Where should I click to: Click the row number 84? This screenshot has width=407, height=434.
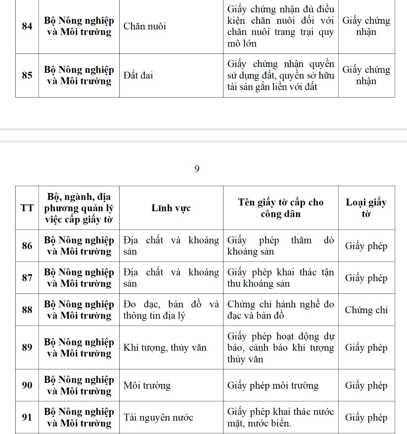pyautogui.click(x=27, y=26)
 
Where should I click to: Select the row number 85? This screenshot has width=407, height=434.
pyautogui.click(x=27, y=75)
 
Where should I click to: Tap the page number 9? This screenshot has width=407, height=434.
pyautogui.click(x=197, y=169)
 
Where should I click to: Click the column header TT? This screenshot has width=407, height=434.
pyautogui.click(x=27, y=208)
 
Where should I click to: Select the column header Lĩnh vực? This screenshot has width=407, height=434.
pyautogui.click(x=171, y=208)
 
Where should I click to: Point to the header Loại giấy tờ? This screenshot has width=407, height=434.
pyautogui.click(x=366, y=208)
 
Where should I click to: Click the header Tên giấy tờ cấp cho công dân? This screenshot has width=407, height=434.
pyautogui.click(x=280, y=208)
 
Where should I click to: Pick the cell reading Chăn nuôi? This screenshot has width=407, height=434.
pyautogui.click(x=145, y=26)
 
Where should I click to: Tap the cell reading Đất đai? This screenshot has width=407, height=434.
pyautogui.click(x=138, y=75)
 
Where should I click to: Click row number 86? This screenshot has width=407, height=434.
pyautogui.click(x=27, y=246)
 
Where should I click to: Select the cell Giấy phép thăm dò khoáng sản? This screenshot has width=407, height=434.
pyautogui.click(x=280, y=246)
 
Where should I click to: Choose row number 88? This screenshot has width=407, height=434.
pyautogui.click(x=27, y=310)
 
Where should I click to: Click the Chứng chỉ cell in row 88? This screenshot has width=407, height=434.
pyautogui.click(x=366, y=310)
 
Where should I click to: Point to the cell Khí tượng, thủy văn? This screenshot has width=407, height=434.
pyautogui.click(x=165, y=348)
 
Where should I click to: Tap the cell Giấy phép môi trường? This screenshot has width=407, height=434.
pyautogui.click(x=273, y=385)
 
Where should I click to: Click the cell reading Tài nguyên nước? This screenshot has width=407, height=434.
pyautogui.click(x=158, y=417)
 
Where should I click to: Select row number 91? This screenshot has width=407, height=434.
pyautogui.click(x=27, y=417)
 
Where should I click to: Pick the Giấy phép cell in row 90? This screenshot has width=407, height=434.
pyautogui.click(x=366, y=385)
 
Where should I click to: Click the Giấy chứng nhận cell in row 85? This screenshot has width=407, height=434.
pyautogui.click(x=366, y=75)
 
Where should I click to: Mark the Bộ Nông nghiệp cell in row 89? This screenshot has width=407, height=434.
pyautogui.click(x=79, y=348)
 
